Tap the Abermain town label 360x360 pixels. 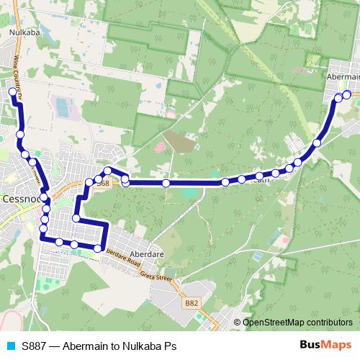coord(343,75)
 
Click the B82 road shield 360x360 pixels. coord(191,304)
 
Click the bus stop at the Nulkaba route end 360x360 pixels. coord(12,92)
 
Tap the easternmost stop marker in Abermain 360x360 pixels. coord(346,94)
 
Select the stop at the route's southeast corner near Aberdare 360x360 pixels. coord(97,248)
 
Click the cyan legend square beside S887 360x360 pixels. coord(9,346)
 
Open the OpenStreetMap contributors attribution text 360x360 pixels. coord(297,323)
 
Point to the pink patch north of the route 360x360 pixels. coord(160,148)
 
